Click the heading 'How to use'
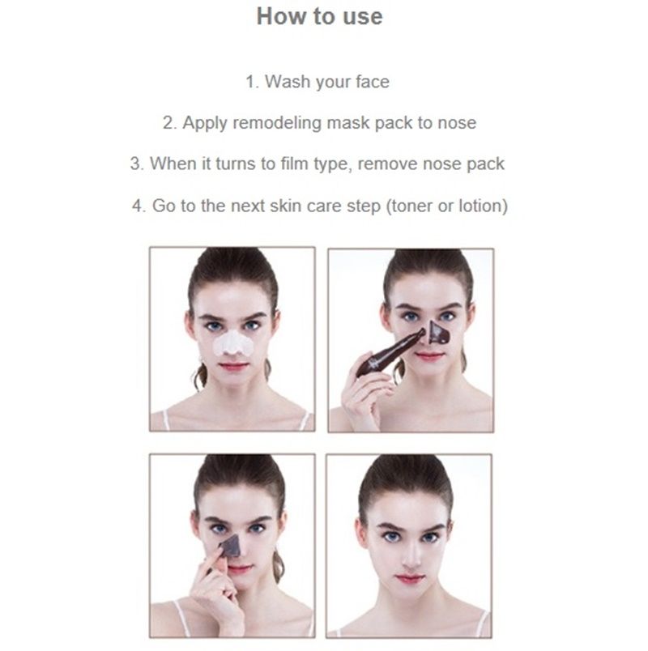319,17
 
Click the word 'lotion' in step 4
481,206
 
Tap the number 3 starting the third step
135,164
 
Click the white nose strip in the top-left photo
232,343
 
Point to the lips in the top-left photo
233,366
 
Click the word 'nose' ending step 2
457,123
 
